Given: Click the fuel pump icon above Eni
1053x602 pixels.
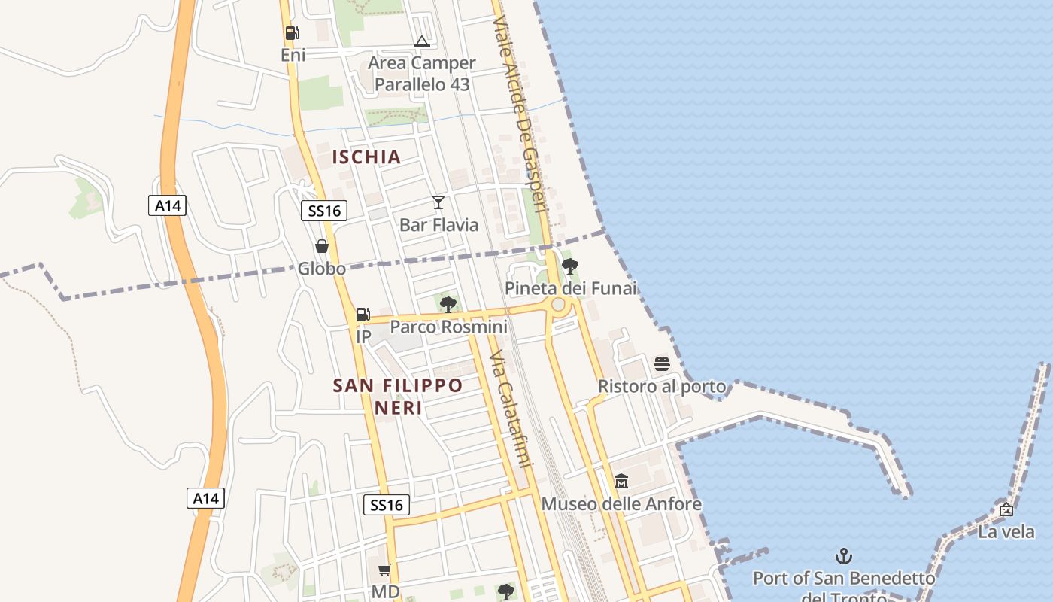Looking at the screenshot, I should pyautogui.click(x=292, y=33).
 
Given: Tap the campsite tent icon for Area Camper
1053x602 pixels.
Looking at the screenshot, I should pyautogui.click(x=421, y=41).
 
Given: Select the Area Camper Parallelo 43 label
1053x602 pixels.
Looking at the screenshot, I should pyautogui.click(x=421, y=74).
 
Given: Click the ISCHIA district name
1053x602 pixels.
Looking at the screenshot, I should pyautogui.click(x=366, y=157).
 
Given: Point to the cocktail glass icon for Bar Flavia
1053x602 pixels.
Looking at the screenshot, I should pyautogui.click(x=438, y=202).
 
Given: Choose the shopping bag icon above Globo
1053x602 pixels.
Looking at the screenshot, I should pyautogui.click(x=322, y=246).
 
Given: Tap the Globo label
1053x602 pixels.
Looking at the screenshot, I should pyautogui.click(x=322, y=269).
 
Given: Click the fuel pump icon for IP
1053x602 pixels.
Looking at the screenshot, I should pyautogui.click(x=363, y=315).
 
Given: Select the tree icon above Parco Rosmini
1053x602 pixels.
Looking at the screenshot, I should pyautogui.click(x=448, y=304).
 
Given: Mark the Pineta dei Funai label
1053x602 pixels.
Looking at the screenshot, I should pyautogui.click(x=570, y=288).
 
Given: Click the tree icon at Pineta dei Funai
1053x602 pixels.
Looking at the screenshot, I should pyautogui.click(x=570, y=266).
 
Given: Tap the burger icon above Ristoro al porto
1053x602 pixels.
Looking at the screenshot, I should pyautogui.click(x=662, y=364).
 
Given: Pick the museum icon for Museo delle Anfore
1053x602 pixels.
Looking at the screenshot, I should pyautogui.click(x=621, y=481).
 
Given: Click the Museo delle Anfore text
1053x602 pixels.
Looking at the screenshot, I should pyautogui.click(x=621, y=504).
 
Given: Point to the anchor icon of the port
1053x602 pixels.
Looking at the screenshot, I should pyautogui.click(x=844, y=557).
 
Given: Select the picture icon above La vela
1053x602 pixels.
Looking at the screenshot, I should pyautogui.click(x=1006, y=509).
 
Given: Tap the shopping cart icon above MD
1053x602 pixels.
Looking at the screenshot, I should pyautogui.click(x=385, y=570).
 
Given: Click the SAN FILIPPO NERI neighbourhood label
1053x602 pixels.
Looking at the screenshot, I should pyautogui.click(x=398, y=397).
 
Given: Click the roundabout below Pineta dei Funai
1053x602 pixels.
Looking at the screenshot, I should pyautogui.click(x=558, y=305).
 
